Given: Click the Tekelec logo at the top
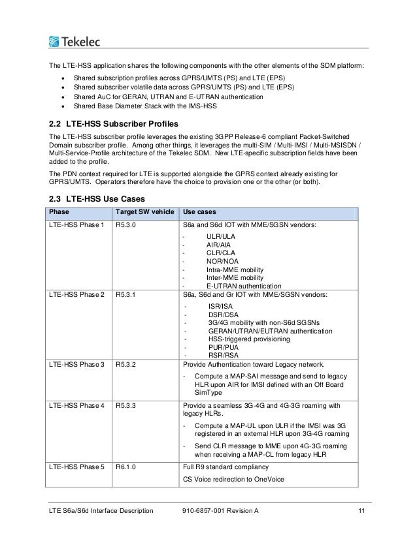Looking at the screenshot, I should pyautogui.click(x=74, y=42).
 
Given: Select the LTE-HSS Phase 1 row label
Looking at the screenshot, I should pyautogui.click(x=76, y=225).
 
